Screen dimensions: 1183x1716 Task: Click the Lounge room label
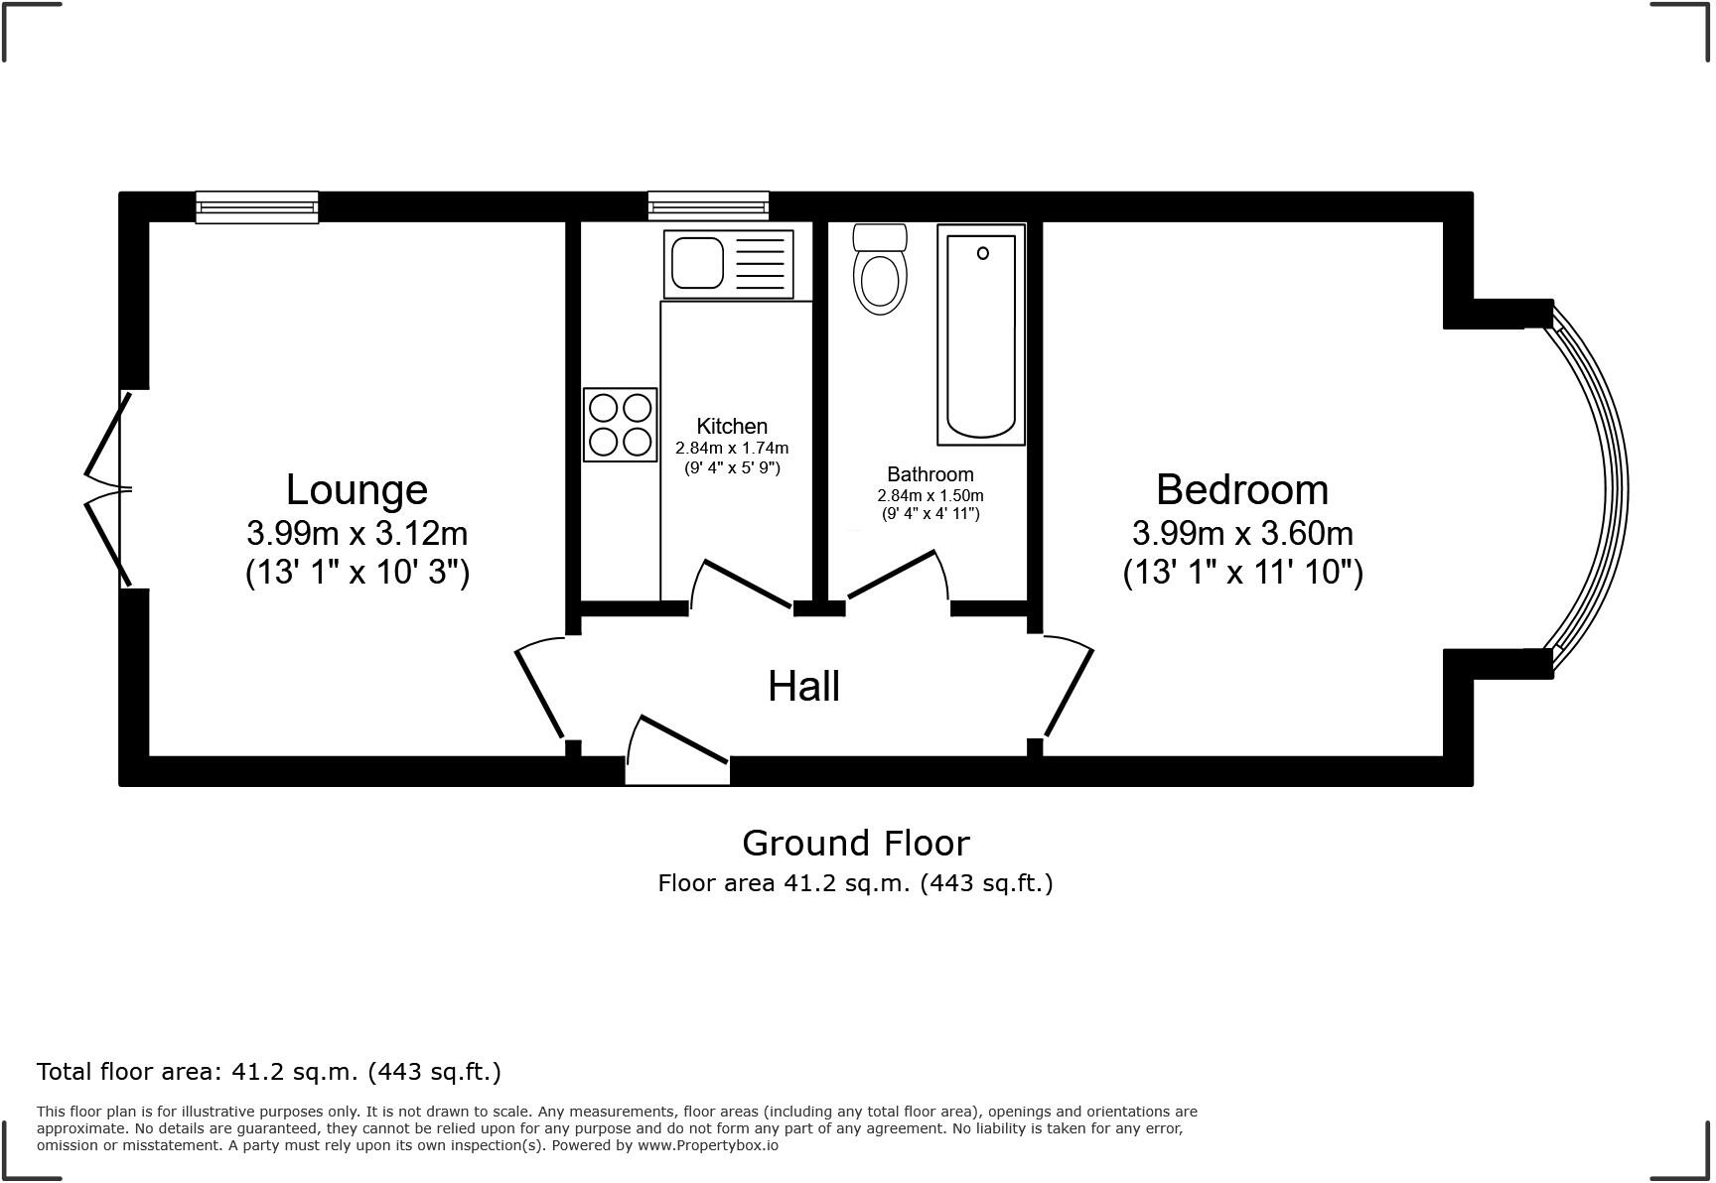pyautogui.click(x=357, y=489)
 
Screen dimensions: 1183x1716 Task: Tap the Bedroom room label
pyautogui.click(x=1241, y=489)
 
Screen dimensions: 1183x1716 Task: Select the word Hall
pyautogui.click(x=803, y=687)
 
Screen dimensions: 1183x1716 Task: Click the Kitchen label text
pyautogui.click(x=732, y=426)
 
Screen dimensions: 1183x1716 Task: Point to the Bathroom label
pyautogui.click(x=929, y=474)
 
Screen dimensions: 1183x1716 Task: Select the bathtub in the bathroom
pyautogui.click(x=981, y=334)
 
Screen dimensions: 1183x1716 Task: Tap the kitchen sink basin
pyautogui.click(x=698, y=263)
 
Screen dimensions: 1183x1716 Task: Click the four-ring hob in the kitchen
pyautogui.click(x=621, y=425)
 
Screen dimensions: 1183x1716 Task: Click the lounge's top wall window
pyautogui.click(x=257, y=207)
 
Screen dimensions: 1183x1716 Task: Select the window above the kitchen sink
pyautogui.click(x=708, y=206)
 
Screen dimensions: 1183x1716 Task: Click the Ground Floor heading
pyautogui.click(x=855, y=843)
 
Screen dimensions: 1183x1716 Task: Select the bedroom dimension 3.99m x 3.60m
pyautogui.click(x=1241, y=534)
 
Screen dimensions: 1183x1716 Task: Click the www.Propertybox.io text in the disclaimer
pyautogui.click(x=707, y=1145)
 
